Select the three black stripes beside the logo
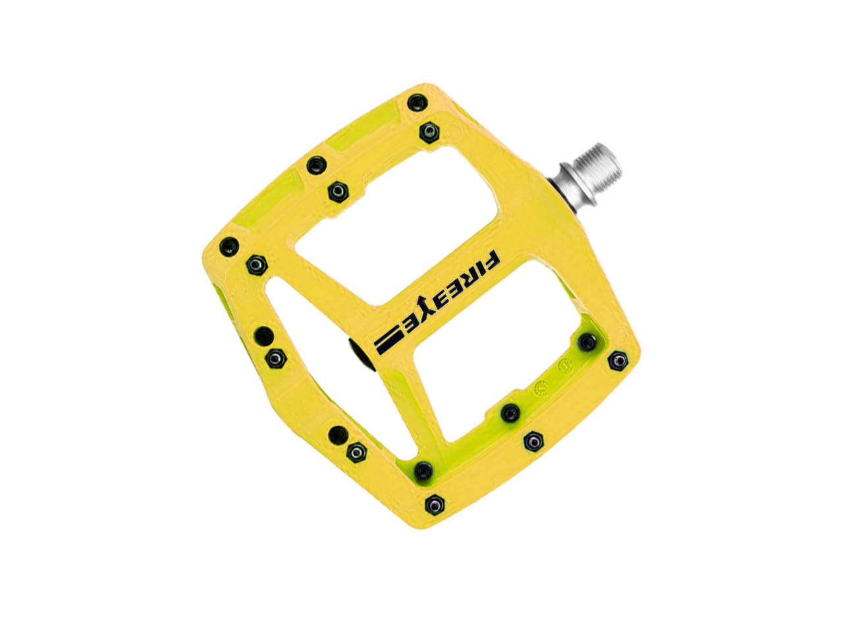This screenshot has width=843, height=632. pyautogui.click(x=389, y=341)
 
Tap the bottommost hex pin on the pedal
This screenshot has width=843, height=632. pyautogui.click(x=435, y=503)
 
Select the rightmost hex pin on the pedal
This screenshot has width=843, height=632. pyautogui.click(x=618, y=360)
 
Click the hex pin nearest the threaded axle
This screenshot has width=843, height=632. pyautogui.click(x=429, y=132)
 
